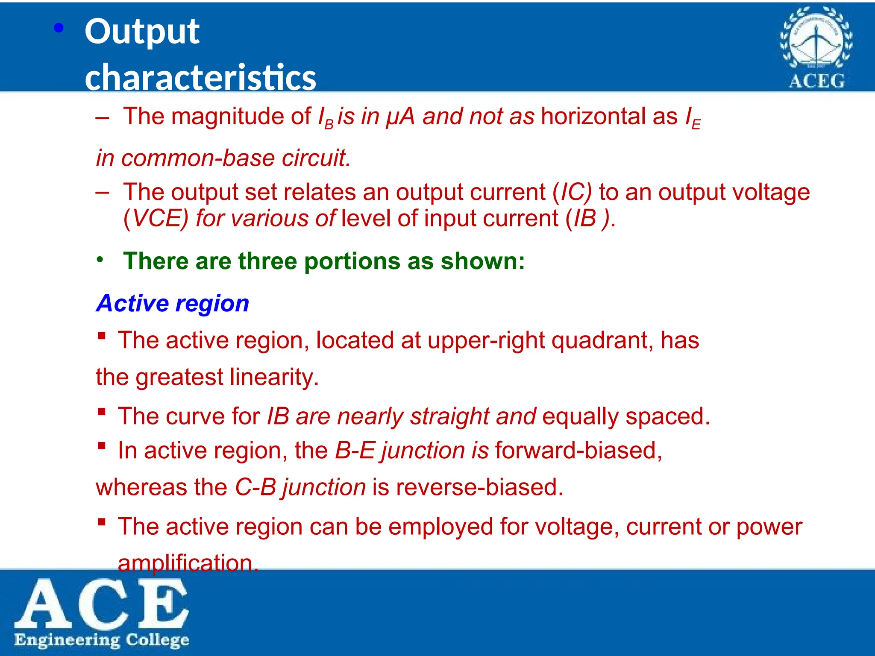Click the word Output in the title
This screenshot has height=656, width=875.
click(142, 32)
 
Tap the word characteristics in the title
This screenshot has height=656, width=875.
click(200, 77)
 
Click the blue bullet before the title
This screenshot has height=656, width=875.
click(59, 28)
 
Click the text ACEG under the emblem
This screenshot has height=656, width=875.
click(816, 81)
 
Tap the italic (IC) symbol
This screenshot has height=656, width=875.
click(572, 192)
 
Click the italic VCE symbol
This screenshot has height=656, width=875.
click(156, 219)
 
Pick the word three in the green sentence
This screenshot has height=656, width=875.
click(267, 261)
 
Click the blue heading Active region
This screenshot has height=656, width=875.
click(173, 304)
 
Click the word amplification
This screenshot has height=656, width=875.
click(188, 563)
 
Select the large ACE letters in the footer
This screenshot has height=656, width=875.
click(102, 603)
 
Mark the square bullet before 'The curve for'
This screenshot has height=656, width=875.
click(101, 412)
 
